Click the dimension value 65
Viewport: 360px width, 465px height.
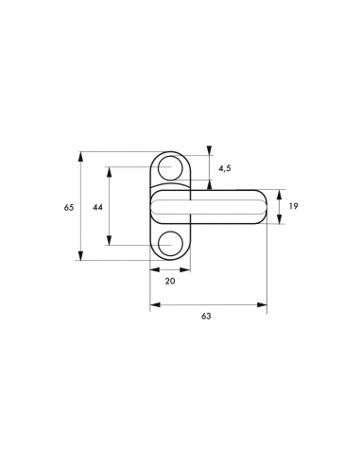coord(69,208)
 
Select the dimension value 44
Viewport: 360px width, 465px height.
coord(97,207)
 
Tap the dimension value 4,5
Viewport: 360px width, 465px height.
coord(225,168)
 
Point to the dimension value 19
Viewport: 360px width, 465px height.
coord(293,206)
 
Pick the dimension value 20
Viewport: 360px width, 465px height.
coord(170,281)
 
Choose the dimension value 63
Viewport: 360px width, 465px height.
coord(206,316)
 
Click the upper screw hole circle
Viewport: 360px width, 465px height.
coord(170,168)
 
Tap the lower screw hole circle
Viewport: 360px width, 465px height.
coord(170,244)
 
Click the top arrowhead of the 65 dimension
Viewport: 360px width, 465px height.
coord(81,157)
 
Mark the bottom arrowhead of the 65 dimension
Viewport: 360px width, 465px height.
coord(81,255)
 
